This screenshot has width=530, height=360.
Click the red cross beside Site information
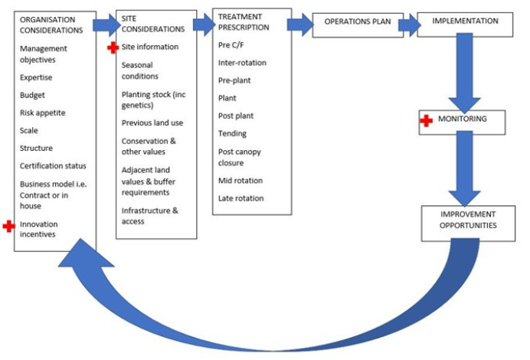[113, 47]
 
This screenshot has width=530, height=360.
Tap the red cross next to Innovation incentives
[8, 226]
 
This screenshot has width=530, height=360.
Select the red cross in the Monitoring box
[427, 121]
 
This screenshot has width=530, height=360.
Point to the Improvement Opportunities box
[464, 220]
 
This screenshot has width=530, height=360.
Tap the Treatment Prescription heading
[244, 21]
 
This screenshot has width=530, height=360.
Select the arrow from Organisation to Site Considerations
[105, 25]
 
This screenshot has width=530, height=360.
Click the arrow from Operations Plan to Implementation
[409, 24]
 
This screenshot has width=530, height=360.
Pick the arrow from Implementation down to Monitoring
[464, 77]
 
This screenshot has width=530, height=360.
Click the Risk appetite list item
[42, 113]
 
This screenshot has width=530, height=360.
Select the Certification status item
[53, 165]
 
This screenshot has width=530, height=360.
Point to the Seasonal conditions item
[140, 70]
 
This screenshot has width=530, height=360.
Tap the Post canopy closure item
[240, 157]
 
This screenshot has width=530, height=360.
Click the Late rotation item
[240, 198]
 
